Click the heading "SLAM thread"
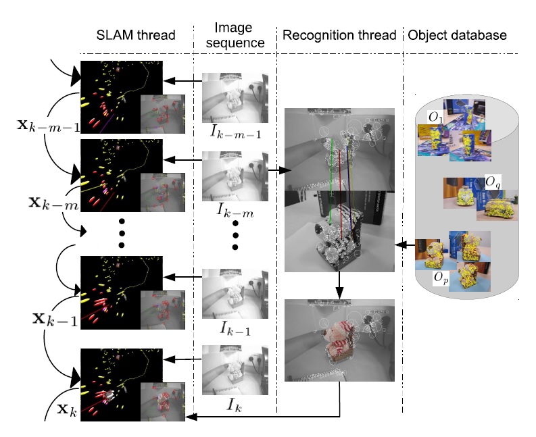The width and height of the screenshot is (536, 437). (x=137, y=35)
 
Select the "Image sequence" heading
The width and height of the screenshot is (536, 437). (x=233, y=34)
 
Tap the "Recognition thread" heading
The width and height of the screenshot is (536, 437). (x=339, y=35)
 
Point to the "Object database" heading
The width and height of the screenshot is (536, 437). (x=456, y=35)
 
